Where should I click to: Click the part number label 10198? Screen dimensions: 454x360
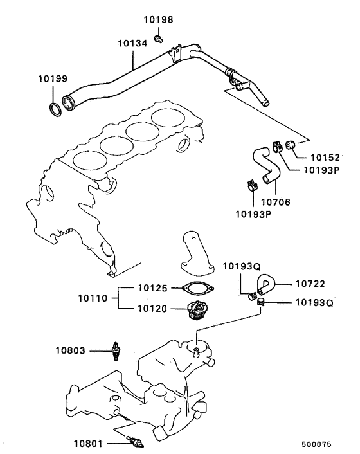pyautogui.click(x=158, y=20)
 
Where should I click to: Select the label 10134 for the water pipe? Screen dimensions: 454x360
pyautogui.click(x=133, y=42)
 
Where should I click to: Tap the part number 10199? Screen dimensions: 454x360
pyautogui.click(x=52, y=80)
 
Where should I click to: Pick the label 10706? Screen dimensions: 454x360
pyautogui.click(x=275, y=201)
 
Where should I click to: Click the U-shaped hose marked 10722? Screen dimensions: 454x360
pyautogui.click(x=265, y=284)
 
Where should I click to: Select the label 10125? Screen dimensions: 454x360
pyautogui.click(x=154, y=288)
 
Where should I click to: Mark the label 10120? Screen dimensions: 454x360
pyautogui.click(x=154, y=309)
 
